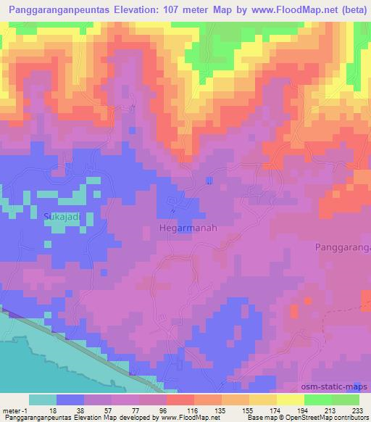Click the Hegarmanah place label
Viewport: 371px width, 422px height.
pyautogui.click(x=188, y=227)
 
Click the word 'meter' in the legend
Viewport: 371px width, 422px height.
pyautogui.click(x=10, y=409)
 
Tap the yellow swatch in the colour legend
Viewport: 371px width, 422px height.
pyautogui.click(x=290, y=400)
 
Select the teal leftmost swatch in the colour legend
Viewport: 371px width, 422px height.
pyautogui.click(x=43, y=400)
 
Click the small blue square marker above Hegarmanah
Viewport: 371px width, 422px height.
pyautogui.click(x=209, y=180)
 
